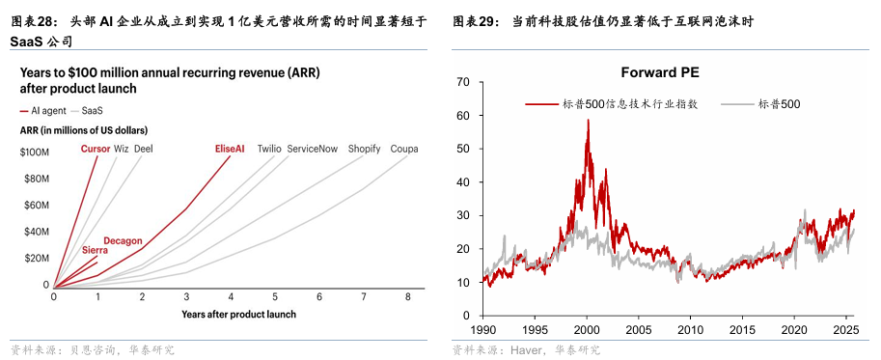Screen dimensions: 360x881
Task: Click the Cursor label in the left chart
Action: [x=95, y=149]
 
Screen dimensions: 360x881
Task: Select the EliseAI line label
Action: [x=230, y=149]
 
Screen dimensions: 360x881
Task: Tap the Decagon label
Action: [x=123, y=240]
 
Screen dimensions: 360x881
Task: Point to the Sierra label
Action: [x=95, y=249]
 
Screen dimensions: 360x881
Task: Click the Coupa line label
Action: [x=403, y=149]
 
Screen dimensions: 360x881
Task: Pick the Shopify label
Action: [x=364, y=149]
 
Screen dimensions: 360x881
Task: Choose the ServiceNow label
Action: [x=313, y=149]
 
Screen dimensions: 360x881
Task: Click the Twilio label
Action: [x=269, y=149]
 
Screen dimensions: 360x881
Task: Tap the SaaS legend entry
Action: [x=93, y=111]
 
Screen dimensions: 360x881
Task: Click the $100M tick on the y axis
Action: [x=34, y=152]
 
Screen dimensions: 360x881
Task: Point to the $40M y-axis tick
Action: [x=36, y=232]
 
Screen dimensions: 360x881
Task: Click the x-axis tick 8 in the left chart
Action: [x=408, y=297]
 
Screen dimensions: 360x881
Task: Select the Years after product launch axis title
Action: [x=238, y=314]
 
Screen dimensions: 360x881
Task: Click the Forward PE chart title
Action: [x=661, y=71]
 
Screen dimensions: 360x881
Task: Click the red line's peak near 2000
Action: [x=588, y=121]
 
